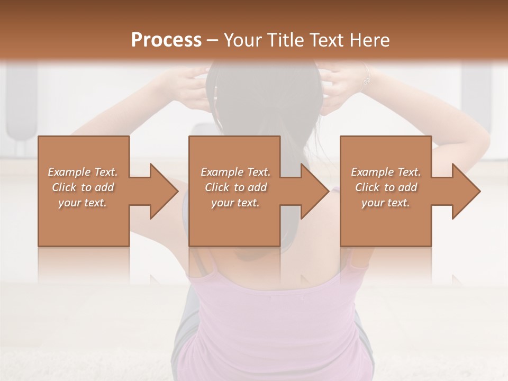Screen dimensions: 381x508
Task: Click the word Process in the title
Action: pyautogui.click(x=166, y=40)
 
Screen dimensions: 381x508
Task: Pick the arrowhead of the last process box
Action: pyautogui.click(x=466, y=191)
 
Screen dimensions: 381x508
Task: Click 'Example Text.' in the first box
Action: pyautogui.click(x=83, y=172)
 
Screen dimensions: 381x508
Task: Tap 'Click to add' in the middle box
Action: pyautogui.click(x=235, y=187)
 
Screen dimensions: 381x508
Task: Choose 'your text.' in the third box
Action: pyautogui.click(x=386, y=203)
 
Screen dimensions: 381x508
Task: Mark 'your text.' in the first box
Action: pyautogui.click(x=83, y=203)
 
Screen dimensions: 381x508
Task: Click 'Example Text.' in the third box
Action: pyautogui.click(x=386, y=172)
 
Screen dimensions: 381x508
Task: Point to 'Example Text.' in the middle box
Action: pyautogui.click(x=235, y=172)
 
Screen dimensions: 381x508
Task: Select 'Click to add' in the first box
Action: pyautogui.click(x=83, y=187)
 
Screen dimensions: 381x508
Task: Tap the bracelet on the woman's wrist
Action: pyautogui.click(x=366, y=79)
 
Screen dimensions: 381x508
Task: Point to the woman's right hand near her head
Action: pyautogui.click(x=341, y=87)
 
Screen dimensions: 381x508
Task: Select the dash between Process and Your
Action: pyautogui.click(x=212, y=41)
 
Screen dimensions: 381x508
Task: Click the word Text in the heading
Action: pyautogui.click(x=326, y=40)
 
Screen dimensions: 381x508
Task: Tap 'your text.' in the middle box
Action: pyautogui.click(x=235, y=203)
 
